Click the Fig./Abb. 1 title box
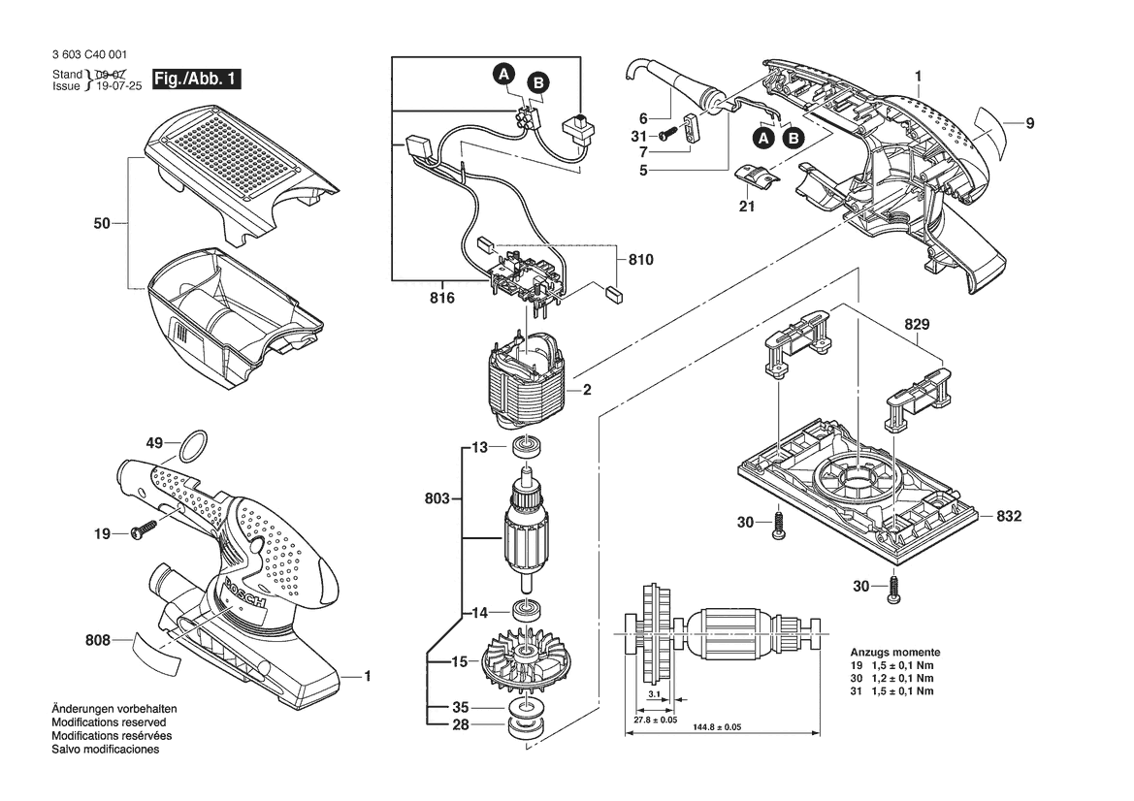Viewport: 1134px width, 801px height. click(196, 79)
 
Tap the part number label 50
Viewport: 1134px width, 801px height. click(102, 223)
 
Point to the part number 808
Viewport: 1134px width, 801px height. click(98, 640)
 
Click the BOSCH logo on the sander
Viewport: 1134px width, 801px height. click(245, 594)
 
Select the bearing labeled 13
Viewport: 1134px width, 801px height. click(527, 447)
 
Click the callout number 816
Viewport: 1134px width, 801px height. click(442, 298)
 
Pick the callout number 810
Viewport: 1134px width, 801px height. click(641, 260)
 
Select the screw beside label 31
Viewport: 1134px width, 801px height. click(668, 135)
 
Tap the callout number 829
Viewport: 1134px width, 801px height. click(917, 324)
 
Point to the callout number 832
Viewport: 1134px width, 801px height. click(1009, 516)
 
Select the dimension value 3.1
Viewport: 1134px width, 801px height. click(654, 694)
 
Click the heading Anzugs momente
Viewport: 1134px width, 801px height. click(895, 652)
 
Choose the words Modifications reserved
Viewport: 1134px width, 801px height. click(109, 722)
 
